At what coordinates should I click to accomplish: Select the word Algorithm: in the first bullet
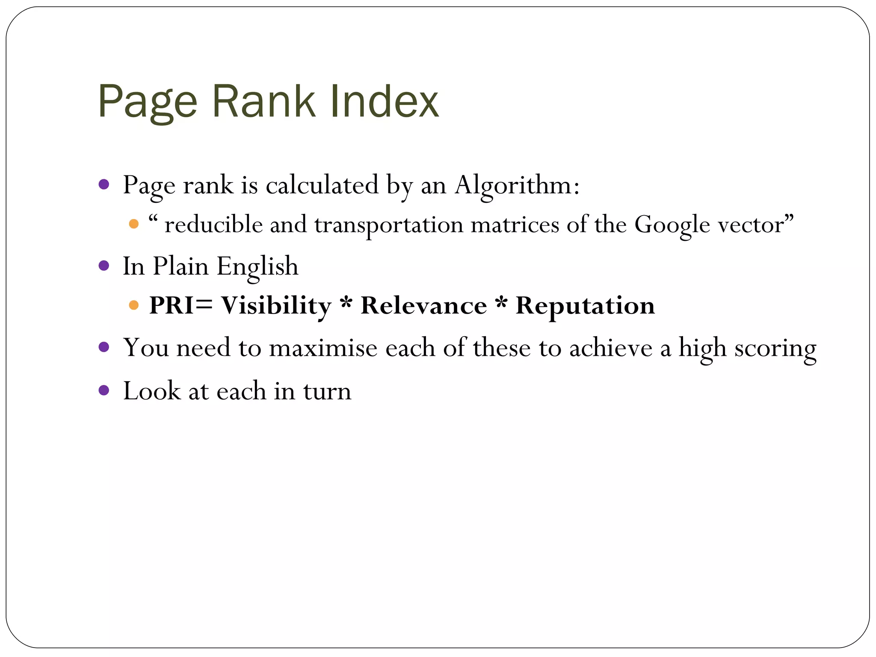click(517, 185)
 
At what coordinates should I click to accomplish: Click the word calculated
click(322, 185)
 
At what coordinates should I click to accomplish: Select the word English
click(257, 266)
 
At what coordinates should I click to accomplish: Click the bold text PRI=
click(181, 306)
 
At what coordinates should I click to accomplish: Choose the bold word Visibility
click(276, 306)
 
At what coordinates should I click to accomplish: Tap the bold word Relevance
click(423, 306)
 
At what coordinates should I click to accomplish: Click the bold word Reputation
click(585, 306)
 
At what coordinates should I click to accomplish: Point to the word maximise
click(323, 347)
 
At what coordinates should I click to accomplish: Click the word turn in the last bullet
click(327, 391)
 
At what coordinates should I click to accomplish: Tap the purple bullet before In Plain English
click(104, 266)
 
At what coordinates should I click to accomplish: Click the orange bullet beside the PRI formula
click(134, 305)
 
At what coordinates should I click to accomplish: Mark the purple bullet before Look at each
click(104, 390)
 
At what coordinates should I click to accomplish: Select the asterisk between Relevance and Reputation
click(501, 302)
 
